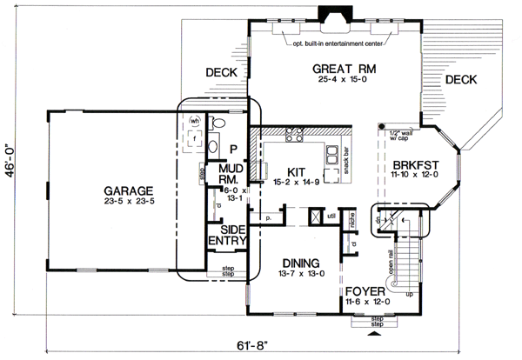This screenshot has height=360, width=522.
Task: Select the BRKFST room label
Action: pyautogui.click(x=414, y=163)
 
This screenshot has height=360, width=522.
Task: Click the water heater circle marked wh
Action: pyautogui.click(x=196, y=121)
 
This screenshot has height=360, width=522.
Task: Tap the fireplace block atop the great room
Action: pyautogui.click(x=331, y=15)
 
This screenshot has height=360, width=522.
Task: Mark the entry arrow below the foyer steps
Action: pyautogui.click(x=375, y=331)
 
